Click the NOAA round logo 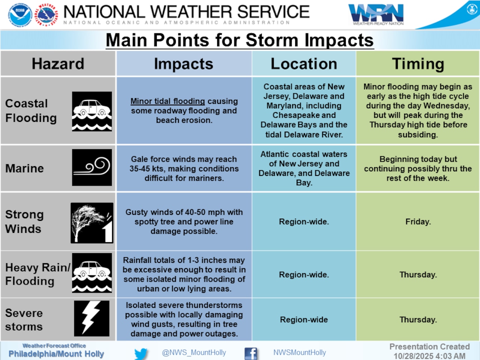coord(20,15)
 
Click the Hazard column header coord(58,64)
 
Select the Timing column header coord(418,64)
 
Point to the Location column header coord(304,64)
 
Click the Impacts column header coord(184,64)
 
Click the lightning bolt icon coord(91,318)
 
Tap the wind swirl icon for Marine coord(92,167)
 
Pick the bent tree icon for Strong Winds coord(92,223)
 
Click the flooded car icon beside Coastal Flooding coord(92,111)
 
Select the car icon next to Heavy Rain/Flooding coord(92,273)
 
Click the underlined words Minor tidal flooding coord(168,101)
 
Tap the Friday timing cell coord(418,222)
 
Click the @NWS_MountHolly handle coord(194,352)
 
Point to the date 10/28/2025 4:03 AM coord(429,356)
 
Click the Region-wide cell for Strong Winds coord(304,222)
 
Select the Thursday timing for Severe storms coord(418,319)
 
